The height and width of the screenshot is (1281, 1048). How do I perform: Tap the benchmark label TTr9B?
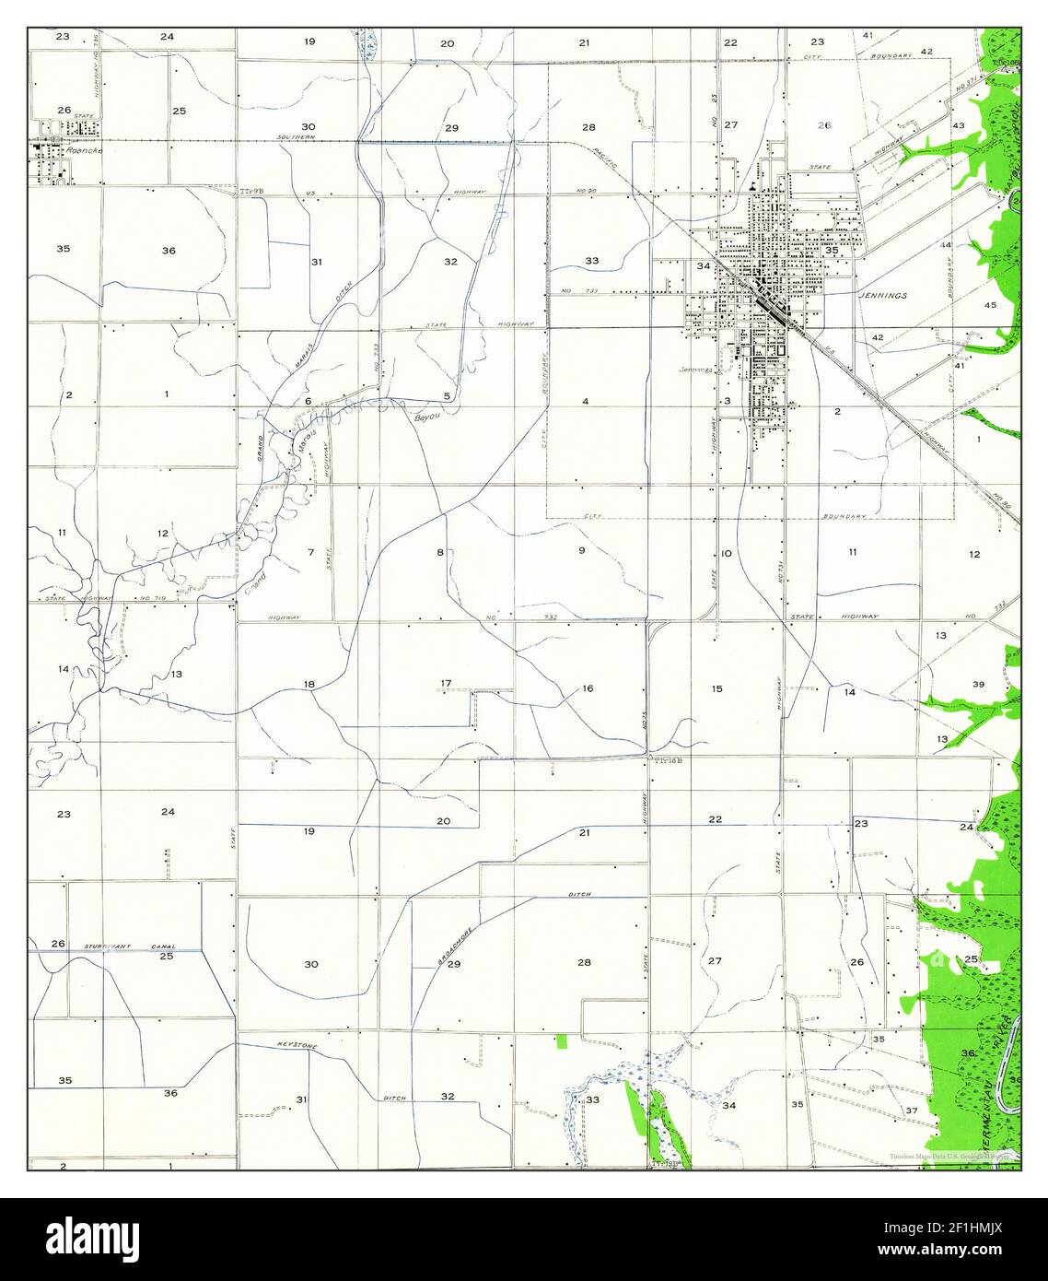pos(251,191)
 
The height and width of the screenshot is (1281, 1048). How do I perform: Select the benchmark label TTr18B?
pos(667,761)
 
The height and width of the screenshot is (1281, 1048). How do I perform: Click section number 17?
pos(446,683)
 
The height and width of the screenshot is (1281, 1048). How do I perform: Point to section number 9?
pos(581,550)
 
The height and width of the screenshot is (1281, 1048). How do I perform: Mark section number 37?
pos(912,1111)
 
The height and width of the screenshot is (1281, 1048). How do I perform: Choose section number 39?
pos(978,684)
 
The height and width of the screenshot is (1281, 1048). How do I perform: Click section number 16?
pos(588,688)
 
